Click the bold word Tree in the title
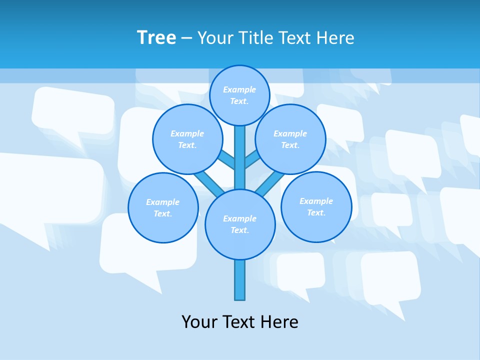(156, 37)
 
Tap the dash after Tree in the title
(186, 38)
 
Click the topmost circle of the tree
(239, 95)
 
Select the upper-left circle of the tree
(187, 139)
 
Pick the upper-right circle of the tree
(290, 139)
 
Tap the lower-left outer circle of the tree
(163, 207)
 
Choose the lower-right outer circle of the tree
(316, 206)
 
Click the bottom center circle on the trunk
(240, 224)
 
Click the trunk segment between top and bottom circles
(240, 157)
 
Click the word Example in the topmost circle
(239, 89)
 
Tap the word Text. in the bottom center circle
(239, 230)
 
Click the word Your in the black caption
(199, 321)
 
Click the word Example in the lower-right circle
(316, 201)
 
